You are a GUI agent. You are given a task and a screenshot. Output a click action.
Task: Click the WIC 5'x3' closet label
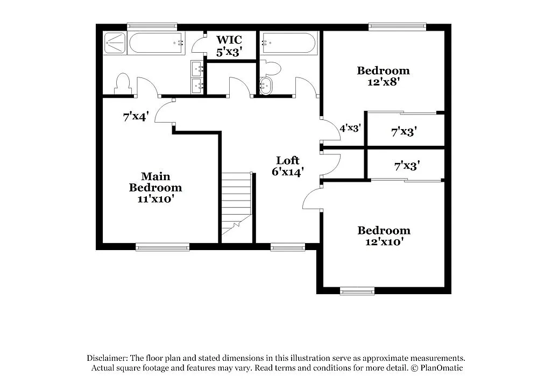[x=229, y=46]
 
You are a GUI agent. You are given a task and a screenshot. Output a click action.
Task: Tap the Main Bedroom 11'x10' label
[x=155, y=187]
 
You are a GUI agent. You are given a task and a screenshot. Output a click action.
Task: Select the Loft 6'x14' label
[x=288, y=166]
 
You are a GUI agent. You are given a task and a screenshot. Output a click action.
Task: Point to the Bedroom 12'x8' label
[x=383, y=76]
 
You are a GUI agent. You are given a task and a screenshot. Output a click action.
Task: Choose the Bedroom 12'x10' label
[x=384, y=236]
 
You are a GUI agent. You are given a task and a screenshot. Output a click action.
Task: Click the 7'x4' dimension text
[x=136, y=116]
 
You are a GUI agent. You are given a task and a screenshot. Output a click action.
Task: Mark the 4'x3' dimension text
[x=350, y=129]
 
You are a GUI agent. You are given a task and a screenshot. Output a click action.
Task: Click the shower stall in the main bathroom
[x=115, y=43]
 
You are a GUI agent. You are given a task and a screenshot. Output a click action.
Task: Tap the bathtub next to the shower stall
[x=156, y=42]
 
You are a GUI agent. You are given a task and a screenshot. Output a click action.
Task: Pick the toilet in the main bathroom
[x=123, y=83]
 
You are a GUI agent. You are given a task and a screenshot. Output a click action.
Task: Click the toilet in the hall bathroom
[x=272, y=69]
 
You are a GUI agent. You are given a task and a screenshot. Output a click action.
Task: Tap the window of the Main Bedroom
[x=162, y=247]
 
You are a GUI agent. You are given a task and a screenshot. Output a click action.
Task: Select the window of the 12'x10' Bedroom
[x=357, y=292]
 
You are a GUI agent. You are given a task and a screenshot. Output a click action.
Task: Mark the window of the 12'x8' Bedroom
[x=397, y=25]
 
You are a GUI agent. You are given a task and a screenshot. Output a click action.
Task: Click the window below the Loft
[x=288, y=247]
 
